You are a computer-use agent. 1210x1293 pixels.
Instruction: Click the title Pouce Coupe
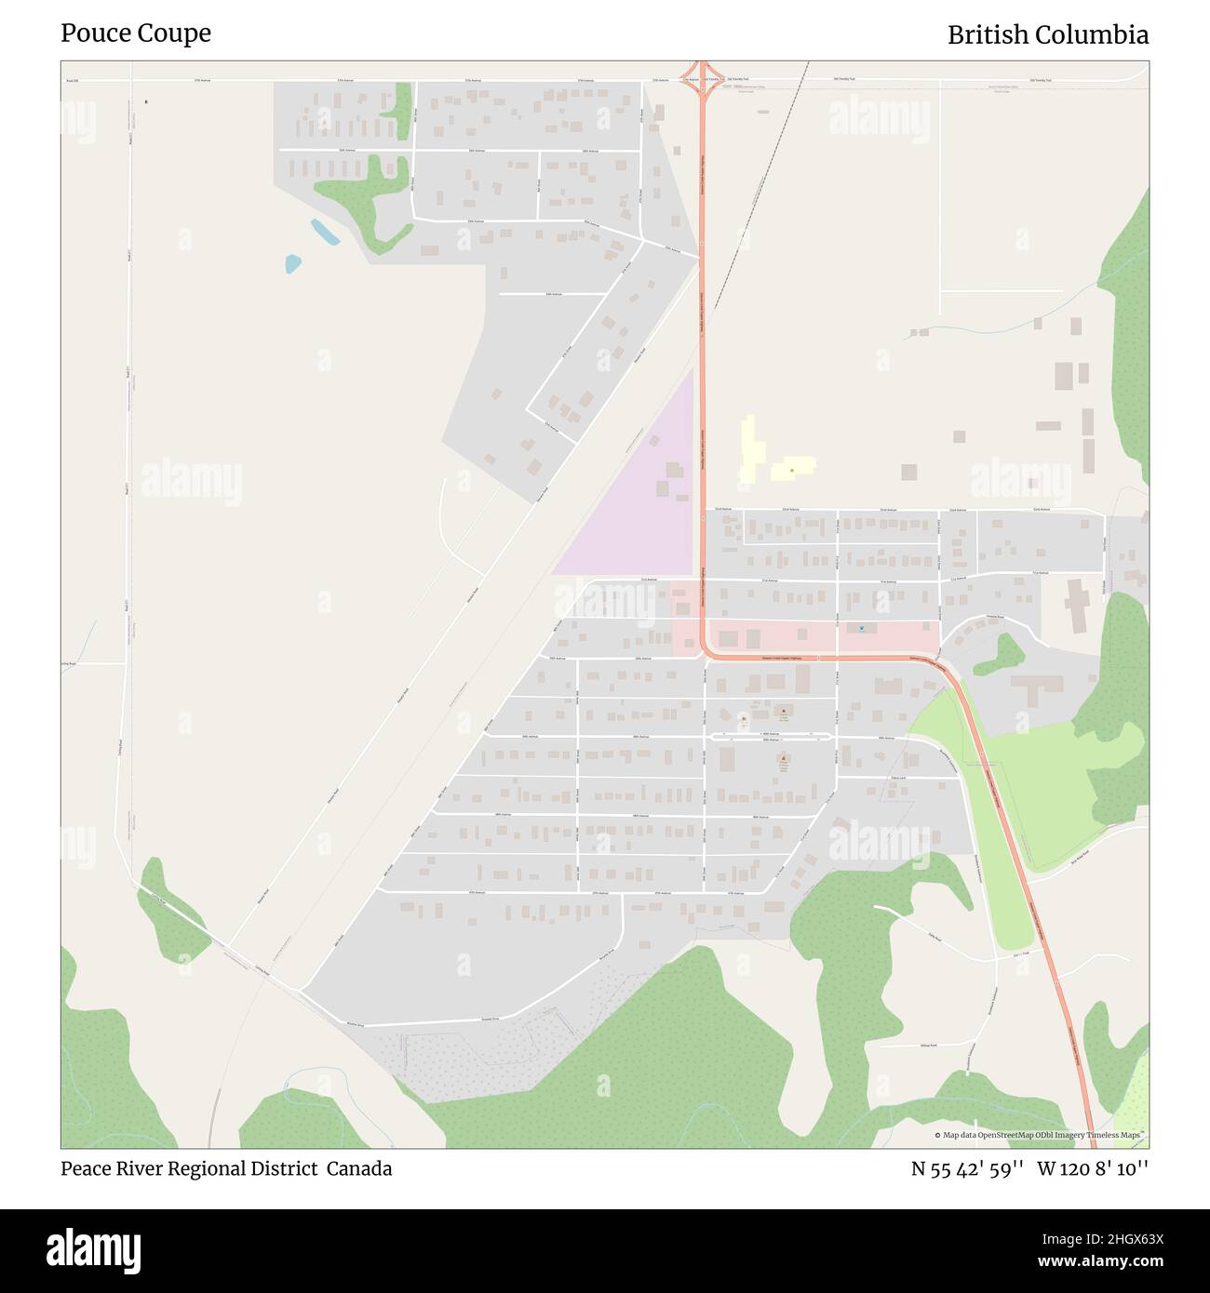coord(136,33)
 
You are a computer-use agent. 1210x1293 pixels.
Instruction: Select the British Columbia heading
coord(1047,35)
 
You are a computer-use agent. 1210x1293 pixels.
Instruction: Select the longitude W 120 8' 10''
coord(1093,1168)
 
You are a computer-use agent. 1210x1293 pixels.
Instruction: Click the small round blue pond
coord(293,263)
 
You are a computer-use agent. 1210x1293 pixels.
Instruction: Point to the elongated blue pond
coord(325,232)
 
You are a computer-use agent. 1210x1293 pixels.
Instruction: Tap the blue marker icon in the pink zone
coord(862,628)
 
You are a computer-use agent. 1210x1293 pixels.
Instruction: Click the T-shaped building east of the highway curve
coord(1035,688)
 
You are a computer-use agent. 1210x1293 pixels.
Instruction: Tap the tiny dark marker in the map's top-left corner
coord(146,101)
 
